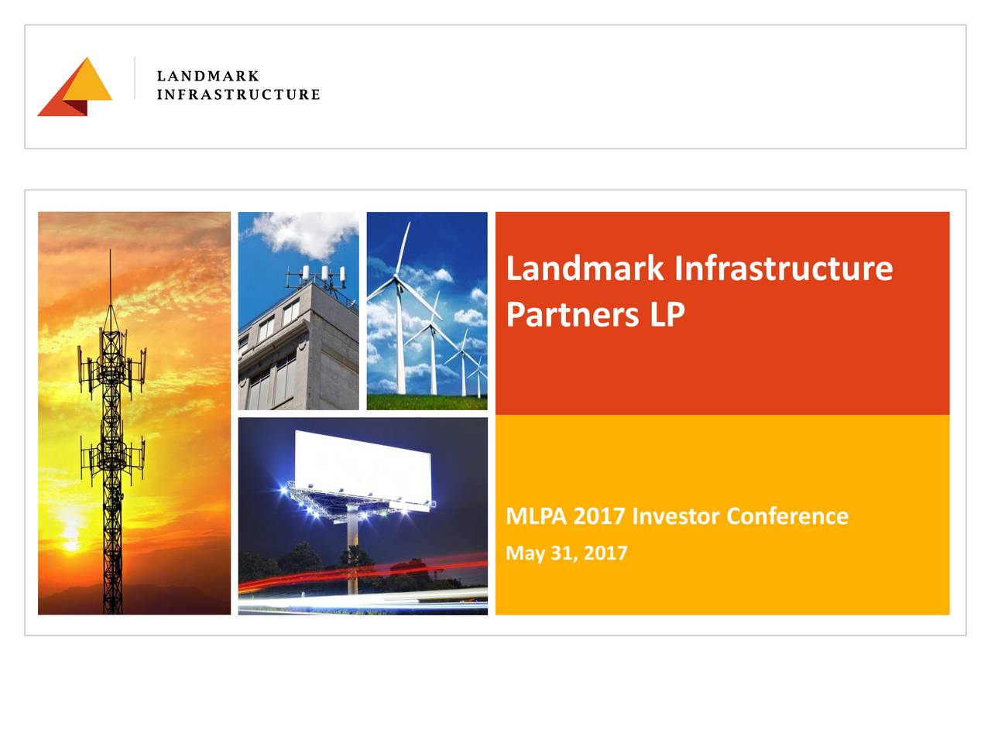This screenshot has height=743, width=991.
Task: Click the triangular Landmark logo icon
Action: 75,86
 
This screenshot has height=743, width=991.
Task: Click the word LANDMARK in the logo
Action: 207,77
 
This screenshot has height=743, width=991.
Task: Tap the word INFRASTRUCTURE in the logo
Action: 238,94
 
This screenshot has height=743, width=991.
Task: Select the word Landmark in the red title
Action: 585,269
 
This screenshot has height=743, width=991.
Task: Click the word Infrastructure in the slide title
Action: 783,269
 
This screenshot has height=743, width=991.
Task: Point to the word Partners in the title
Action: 572,314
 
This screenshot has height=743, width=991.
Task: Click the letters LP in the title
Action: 667,314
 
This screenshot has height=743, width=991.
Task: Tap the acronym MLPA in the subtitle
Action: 537,515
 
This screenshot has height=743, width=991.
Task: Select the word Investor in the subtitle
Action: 676,515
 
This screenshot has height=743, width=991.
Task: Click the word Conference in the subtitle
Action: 787,515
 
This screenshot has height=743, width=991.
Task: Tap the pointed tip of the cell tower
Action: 110,252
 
